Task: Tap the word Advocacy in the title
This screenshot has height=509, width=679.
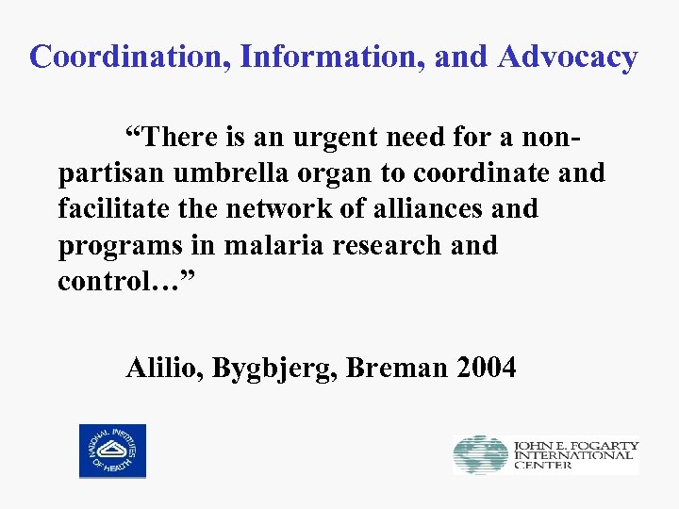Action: pos(568,57)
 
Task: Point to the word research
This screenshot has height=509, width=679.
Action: pos(388,245)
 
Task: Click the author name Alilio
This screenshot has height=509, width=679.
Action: pos(165,368)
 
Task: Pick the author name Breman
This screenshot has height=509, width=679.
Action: pos(397,368)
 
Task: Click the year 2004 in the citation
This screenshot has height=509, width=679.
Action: pos(486,368)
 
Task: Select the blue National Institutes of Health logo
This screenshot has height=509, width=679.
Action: pos(112,451)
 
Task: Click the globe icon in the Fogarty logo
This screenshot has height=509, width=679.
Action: pos(480,455)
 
